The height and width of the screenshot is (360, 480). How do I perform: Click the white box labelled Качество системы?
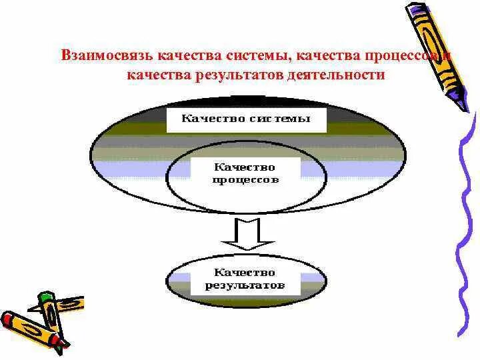point(247,121)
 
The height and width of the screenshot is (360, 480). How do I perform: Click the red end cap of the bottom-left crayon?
point(9,319)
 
